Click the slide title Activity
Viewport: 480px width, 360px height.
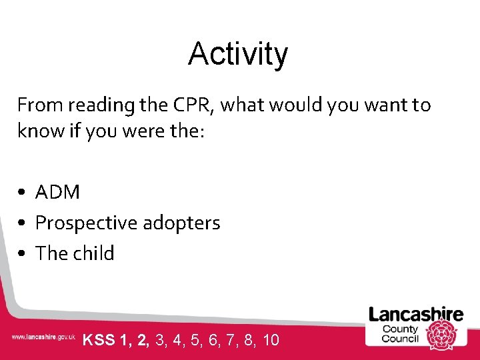click(x=238, y=54)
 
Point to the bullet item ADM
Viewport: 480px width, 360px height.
click(x=57, y=193)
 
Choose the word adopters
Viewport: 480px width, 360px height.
click(x=183, y=223)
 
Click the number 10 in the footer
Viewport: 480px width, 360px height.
click(x=271, y=341)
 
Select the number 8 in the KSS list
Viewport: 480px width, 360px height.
click(x=249, y=341)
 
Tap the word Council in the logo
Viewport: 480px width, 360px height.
click(x=400, y=339)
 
